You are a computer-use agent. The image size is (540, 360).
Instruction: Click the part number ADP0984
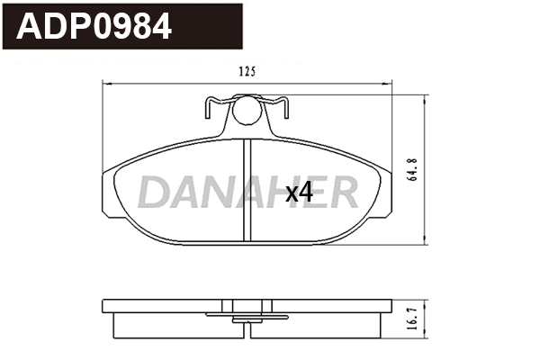click(94, 27)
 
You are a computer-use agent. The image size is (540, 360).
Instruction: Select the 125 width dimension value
click(248, 72)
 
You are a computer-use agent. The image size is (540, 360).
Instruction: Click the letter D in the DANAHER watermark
click(156, 192)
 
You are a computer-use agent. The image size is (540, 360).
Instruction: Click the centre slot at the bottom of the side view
click(248, 328)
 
